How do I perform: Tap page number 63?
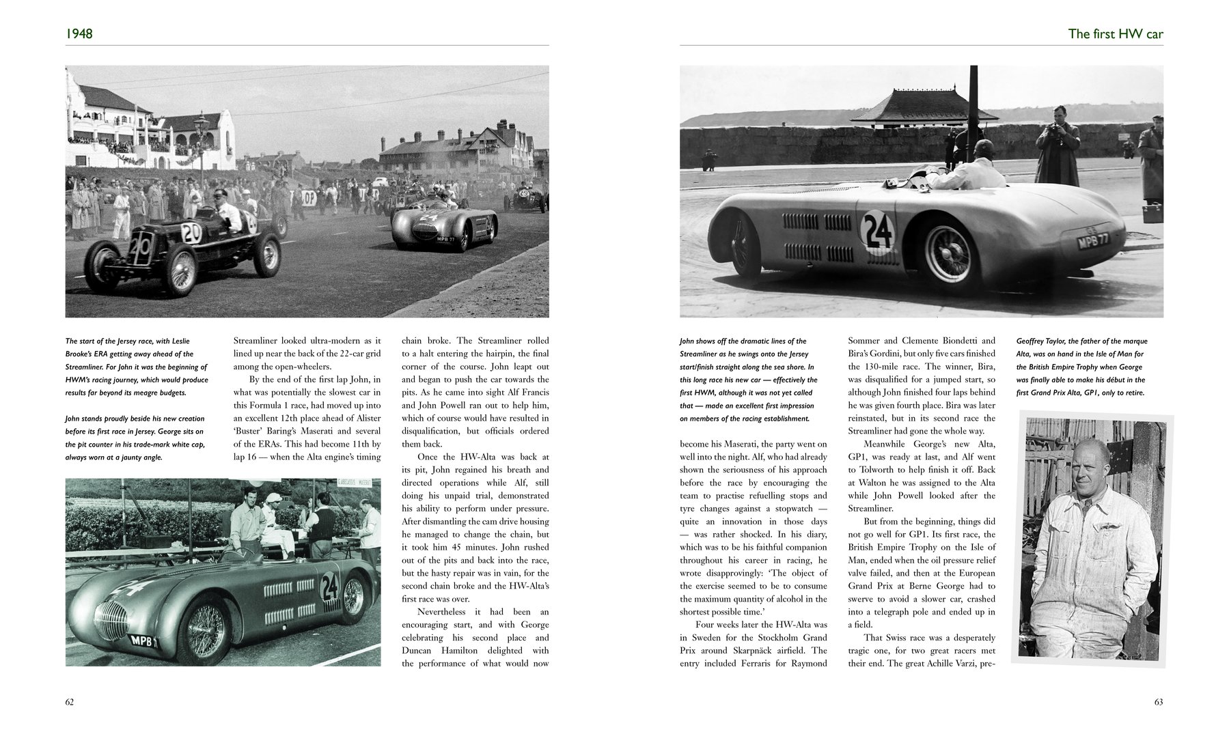coord(1158,702)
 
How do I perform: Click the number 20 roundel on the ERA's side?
coord(192,234)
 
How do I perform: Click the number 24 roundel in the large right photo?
coord(878,231)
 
